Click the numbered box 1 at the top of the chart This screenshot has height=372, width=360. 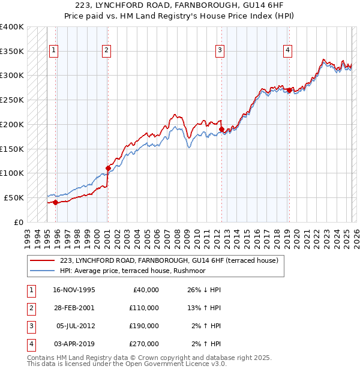pos(55,50)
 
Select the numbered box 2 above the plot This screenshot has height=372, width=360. pos(106,50)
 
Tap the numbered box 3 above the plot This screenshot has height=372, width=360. pos(220,50)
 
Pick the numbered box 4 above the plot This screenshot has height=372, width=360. pos(288,50)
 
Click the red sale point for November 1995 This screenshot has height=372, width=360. pos(55,202)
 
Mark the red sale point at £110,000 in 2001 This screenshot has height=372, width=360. pos(108,168)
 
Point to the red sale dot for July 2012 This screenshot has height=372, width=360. pos(221,129)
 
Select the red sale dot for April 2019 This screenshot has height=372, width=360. pos(289,90)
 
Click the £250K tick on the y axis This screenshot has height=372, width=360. pos(12,100)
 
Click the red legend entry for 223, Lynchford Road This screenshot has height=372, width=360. pos(169,261)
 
